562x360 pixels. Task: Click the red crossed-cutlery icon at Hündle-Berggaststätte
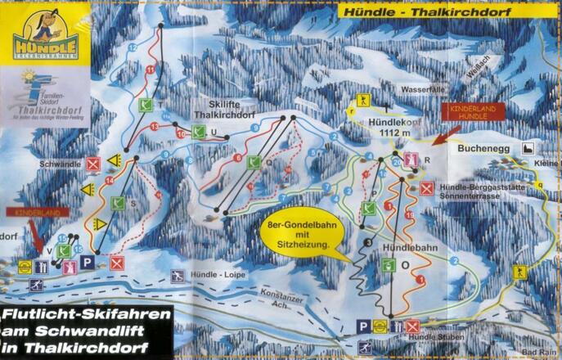(x=427, y=188)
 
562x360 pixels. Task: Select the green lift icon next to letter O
(x=388, y=265)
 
